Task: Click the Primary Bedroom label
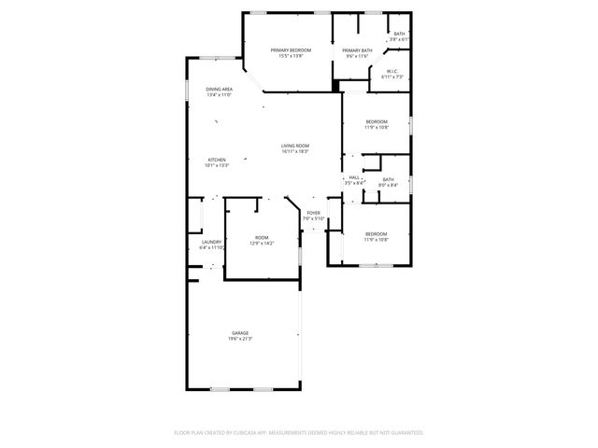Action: coord(291,49)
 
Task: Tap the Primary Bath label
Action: coord(357,50)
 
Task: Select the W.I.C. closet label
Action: coord(393,71)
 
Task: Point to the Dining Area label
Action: coord(220,89)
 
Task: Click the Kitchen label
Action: coord(217,160)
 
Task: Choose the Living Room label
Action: coord(295,146)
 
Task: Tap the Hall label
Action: coord(354,177)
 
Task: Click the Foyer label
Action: coord(314,213)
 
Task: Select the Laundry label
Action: coord(211,243)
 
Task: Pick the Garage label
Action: coord(240,333)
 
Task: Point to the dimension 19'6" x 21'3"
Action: coord(240,339)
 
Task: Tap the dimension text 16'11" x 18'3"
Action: coord(295,151)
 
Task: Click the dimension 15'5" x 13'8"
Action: coord(291,55)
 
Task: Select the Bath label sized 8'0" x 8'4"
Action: coord(388,179)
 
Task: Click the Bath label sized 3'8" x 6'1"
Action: coord(399,34)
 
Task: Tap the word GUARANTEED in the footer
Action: coord(404,433)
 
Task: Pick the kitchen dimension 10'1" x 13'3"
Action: coord(217,165)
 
